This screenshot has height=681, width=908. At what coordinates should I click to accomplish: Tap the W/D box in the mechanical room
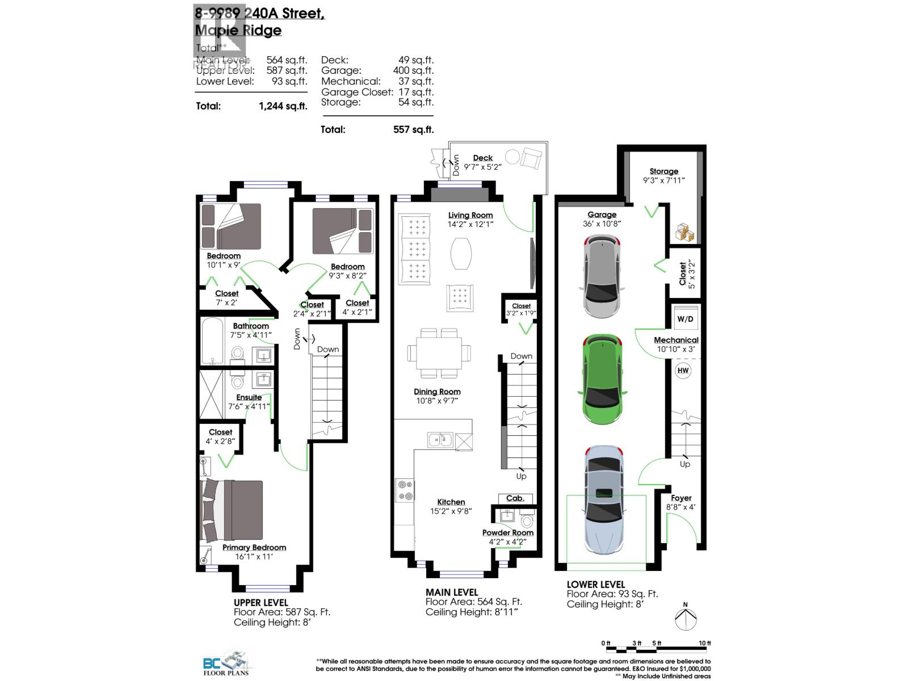[685, 319]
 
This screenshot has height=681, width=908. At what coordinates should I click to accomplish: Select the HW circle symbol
[683, 371]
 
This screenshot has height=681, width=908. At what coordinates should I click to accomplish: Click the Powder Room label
[507, 532]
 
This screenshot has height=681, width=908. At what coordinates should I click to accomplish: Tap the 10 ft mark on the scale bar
[704, 644]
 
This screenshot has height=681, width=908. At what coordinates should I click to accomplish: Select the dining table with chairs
[440, 353]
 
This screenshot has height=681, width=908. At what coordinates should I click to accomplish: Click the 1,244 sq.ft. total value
[283, 106]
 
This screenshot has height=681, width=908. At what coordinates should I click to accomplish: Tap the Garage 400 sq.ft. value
[413, 70]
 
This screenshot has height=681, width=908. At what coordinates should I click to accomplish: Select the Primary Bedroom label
[254, 547]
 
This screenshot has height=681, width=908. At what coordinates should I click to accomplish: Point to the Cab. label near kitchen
[515, 498]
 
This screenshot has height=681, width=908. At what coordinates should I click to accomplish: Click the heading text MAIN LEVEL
[452, 592]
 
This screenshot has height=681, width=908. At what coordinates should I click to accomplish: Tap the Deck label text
[482, 158]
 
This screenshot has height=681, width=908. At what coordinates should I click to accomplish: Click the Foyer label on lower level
[681, 498]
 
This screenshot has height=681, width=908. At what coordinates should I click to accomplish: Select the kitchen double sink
[440, 439]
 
